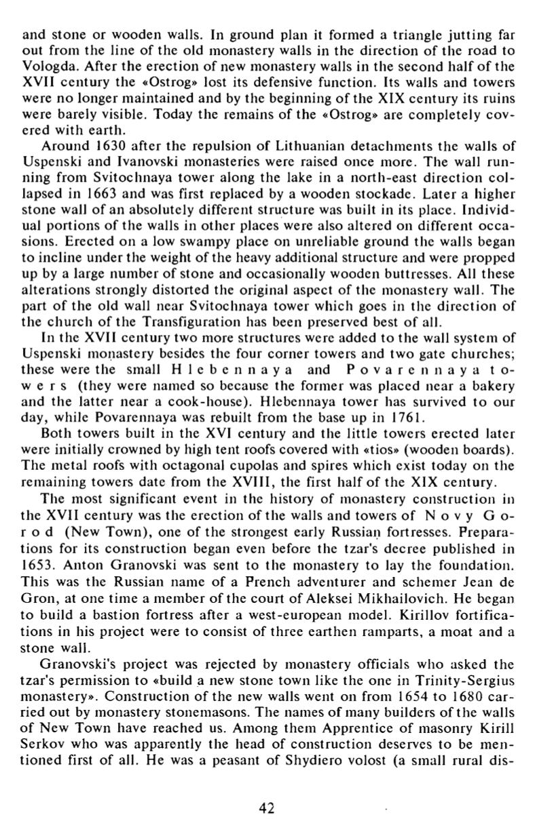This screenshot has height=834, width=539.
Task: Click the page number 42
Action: (x=267, y=808)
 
